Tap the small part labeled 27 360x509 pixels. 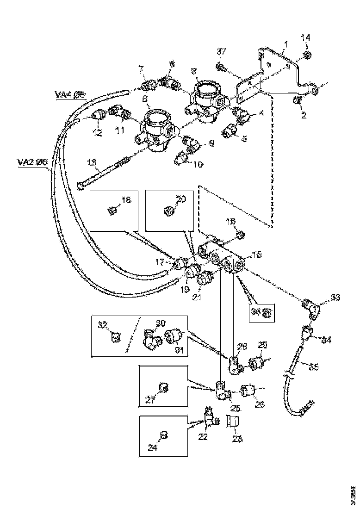[163, 386]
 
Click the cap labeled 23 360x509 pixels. [232, 422]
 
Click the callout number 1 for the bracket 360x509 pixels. [286, 44]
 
